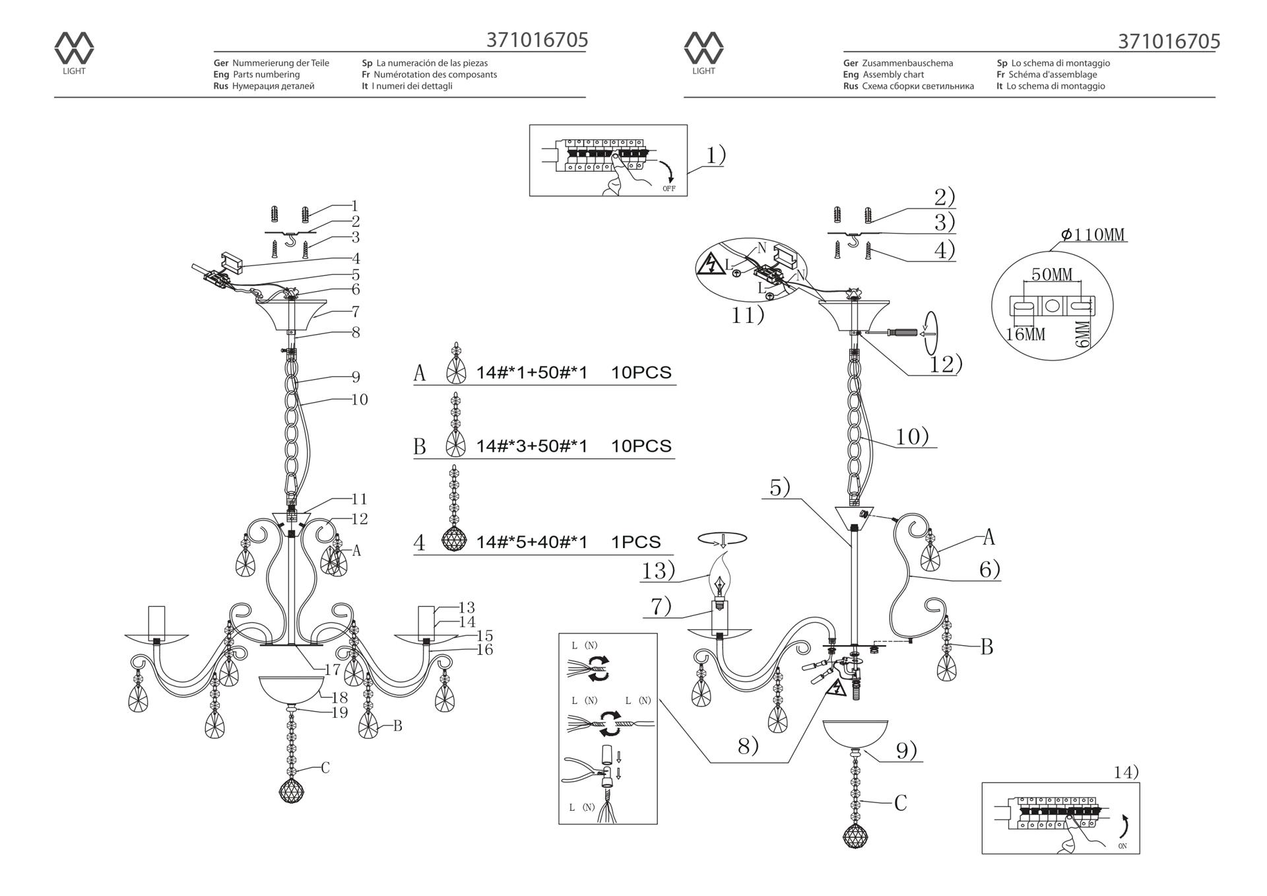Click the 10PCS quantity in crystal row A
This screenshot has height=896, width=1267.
641,372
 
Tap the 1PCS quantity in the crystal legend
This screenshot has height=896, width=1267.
635,542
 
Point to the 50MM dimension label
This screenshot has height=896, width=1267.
1052,274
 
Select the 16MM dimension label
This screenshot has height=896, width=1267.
1025,335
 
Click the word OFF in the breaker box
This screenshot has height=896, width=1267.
669,189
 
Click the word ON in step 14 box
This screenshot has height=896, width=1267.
1122,846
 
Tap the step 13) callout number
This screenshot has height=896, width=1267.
658,570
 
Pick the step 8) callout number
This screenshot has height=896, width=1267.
748,746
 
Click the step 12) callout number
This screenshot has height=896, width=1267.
946,364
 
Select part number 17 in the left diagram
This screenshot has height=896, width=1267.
333,670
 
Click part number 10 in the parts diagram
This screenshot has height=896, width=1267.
360,399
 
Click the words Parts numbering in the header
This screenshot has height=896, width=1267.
266,75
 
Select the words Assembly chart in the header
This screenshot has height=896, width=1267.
893,75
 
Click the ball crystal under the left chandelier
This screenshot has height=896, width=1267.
291,790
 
